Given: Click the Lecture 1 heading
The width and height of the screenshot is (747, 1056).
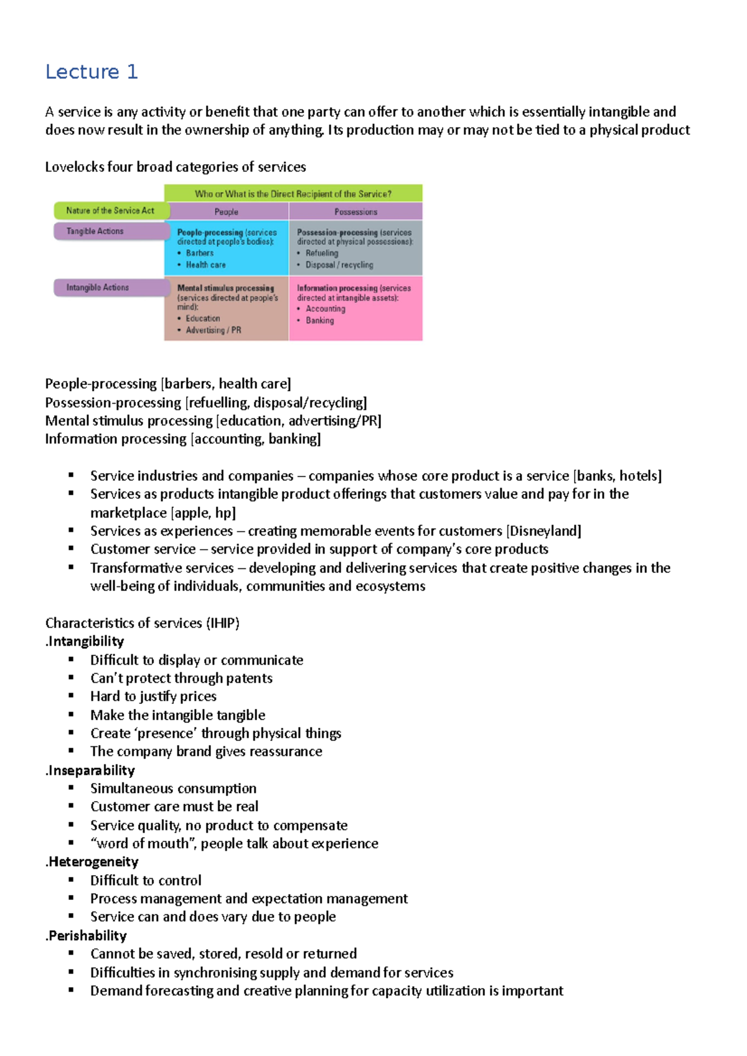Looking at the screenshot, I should click(92, 72).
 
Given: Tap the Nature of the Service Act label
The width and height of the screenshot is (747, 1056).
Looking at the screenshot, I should click(111, 211).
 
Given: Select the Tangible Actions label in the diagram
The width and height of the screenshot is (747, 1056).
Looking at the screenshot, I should click(96, 231).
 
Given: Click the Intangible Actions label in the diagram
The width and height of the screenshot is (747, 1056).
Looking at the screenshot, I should click(98, 288).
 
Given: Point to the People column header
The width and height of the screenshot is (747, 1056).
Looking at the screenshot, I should click(226, 212).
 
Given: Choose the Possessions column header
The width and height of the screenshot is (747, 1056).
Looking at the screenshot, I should click(355, 212).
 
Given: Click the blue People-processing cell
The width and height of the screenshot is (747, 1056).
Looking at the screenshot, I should click(226, 248).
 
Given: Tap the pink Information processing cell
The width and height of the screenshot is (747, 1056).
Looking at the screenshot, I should click(355, 308).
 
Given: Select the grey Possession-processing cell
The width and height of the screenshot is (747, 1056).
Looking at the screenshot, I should click(355, 248).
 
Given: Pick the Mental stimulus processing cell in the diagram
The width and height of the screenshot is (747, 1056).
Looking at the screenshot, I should click(226, 308).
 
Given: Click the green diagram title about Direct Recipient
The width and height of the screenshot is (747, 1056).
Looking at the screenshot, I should click(293, 194).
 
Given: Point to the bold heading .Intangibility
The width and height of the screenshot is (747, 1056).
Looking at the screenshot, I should click(85, 641).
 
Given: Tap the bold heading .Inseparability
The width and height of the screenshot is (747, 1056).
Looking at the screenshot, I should click(90, 771).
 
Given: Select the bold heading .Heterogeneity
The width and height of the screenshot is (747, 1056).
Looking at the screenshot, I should click(92, 862).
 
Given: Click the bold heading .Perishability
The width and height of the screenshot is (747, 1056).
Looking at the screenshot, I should click(87, 936).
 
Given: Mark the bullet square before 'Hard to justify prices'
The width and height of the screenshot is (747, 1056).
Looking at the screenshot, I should click(72, 696).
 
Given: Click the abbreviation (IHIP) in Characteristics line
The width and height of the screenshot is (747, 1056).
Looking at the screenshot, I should click(223, 623).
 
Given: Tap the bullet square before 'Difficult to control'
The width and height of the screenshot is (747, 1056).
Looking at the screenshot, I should click(72, 880).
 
